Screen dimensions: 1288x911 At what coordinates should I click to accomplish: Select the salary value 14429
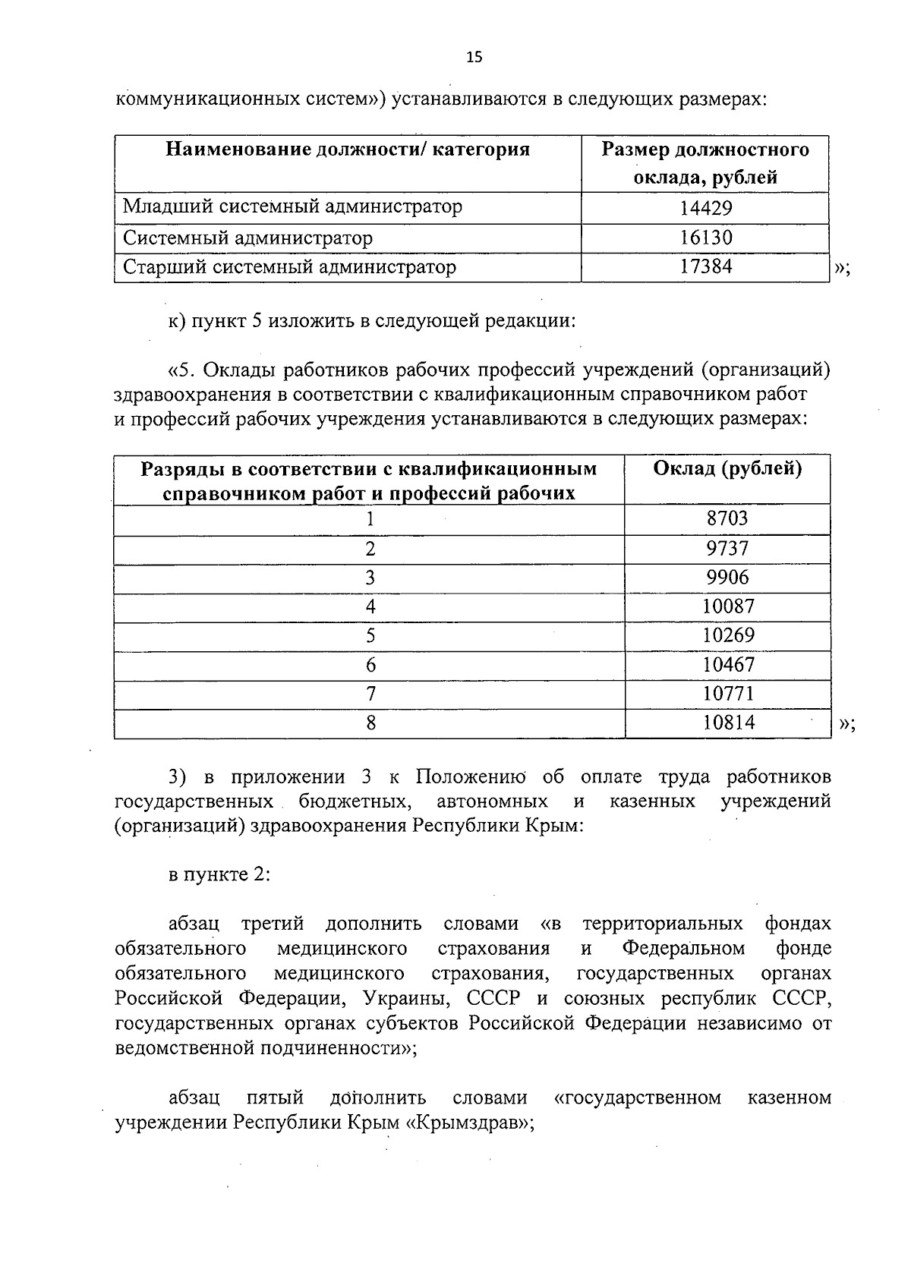tap(705, 208)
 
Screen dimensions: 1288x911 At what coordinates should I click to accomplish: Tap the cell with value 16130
tap(705, 238)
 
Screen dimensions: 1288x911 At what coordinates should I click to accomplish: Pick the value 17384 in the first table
tap(705, 267)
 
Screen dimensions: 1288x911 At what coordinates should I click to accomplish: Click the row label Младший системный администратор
tap(292, 207)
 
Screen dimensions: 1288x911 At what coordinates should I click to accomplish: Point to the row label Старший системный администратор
tap(289, 267)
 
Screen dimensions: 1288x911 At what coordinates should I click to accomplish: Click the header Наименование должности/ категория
tap(347, 150)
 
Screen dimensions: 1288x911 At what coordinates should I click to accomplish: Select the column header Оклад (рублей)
tap(727, 468)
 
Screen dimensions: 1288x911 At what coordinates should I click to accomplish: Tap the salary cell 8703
tap(727, 519)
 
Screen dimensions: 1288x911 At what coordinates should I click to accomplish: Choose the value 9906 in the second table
tap(727, 578)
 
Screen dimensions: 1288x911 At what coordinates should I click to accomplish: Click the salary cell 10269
tap(728, 636)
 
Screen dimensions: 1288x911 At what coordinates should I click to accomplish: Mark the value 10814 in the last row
tap(728, 723)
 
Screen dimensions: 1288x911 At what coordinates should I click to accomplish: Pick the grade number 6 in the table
tap(370, 666)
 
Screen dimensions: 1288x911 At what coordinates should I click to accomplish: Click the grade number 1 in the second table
tap(370, 520)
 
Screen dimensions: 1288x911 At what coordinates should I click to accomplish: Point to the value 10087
tap(728, 607)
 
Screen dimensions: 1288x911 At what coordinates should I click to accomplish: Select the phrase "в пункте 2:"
tap(219, 874)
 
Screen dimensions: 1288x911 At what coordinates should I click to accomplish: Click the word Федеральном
tap(683, 949)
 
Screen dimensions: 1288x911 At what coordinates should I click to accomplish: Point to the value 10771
tap(728, 694)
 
